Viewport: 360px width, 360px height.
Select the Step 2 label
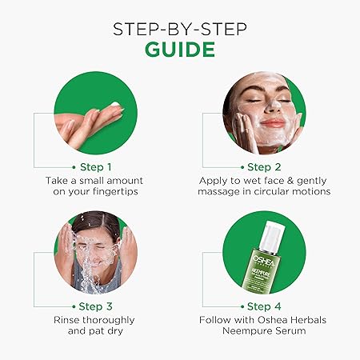tap(270, 167)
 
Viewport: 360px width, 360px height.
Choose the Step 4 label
tap(270, 306)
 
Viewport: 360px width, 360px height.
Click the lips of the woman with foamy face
tap(273, 122)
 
